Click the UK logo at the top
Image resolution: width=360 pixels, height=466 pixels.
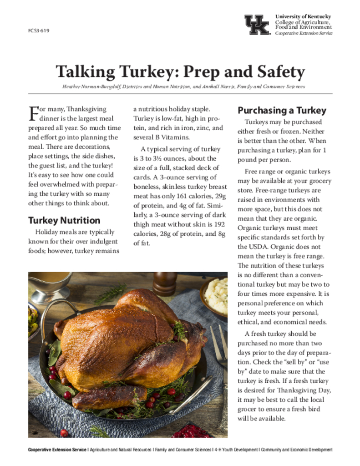click(x=257, y=25)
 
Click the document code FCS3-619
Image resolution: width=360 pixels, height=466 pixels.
click(x=38, y=31)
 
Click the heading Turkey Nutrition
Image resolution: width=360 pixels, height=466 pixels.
click(x=64, y=220)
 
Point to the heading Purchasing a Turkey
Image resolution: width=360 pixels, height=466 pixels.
click(x=282, y=110)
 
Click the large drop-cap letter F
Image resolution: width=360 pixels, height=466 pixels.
click(x=33, y=113)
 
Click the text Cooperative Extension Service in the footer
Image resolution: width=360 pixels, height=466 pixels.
click(x=57, y=450)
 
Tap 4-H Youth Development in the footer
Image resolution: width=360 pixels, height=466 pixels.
click(x=236, y=450)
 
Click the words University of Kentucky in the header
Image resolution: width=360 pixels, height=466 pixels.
click(x=303, y=17)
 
